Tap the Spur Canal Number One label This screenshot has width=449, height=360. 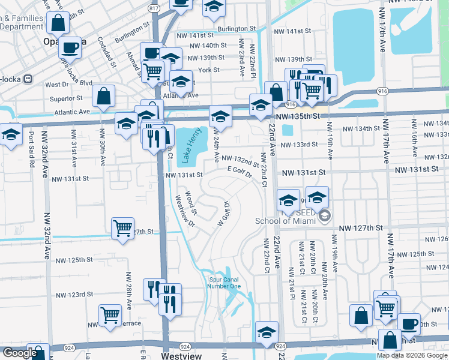224,283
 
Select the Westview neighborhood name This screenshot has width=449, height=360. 182,356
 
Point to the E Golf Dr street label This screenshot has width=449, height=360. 238,172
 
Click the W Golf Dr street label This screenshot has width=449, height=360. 223,213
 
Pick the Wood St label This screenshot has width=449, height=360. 190,203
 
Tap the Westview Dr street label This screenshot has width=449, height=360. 184,211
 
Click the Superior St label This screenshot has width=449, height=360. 66,98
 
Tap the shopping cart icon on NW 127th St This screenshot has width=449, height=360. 122,229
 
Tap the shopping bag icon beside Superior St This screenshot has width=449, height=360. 104,96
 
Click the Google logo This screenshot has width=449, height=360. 20,353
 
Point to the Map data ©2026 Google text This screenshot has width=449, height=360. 412,355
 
